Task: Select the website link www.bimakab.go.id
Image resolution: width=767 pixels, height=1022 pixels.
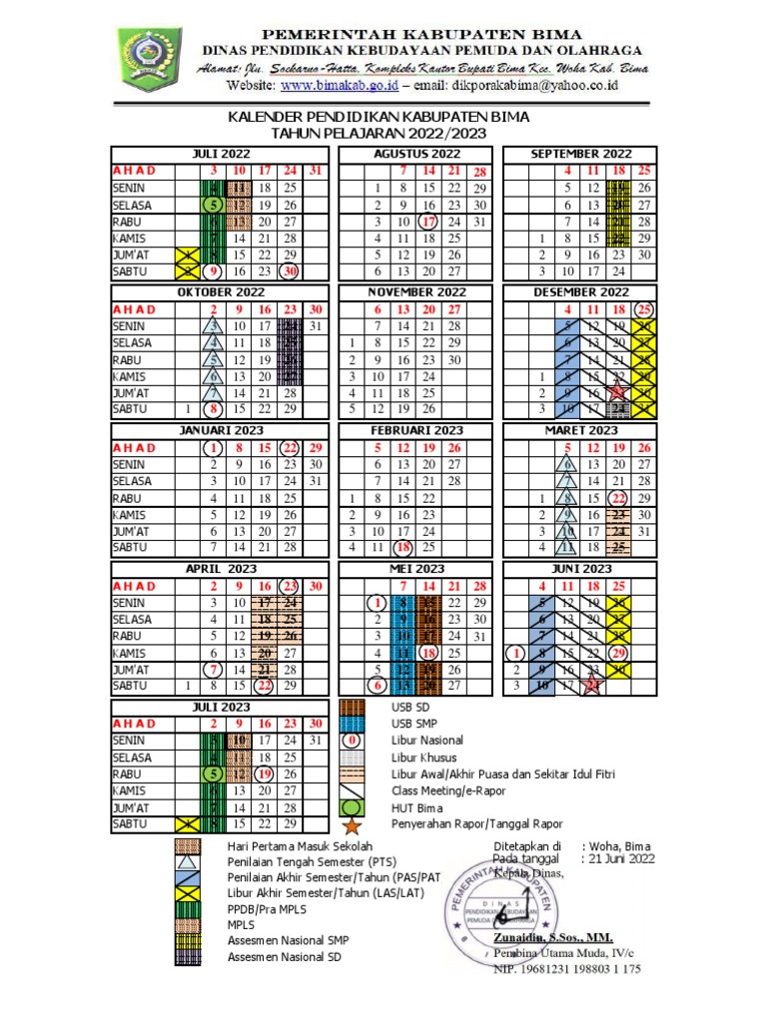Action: pos(350,87)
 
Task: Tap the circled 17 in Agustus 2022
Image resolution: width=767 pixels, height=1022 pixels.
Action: pos(427,222)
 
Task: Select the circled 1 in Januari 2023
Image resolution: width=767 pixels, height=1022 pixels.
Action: pos(213,447)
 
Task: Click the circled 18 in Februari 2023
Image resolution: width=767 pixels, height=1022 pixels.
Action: pos(402,548)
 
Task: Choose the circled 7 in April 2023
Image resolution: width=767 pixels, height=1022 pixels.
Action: pos(213,669)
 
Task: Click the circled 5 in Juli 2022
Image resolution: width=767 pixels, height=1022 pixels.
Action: pos(213,205)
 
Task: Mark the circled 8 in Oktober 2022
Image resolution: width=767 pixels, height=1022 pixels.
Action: pos(213,409)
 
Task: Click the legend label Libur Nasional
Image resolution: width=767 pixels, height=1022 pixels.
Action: pos(427,741)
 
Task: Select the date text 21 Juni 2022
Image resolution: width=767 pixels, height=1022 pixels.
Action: pos(622,858)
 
